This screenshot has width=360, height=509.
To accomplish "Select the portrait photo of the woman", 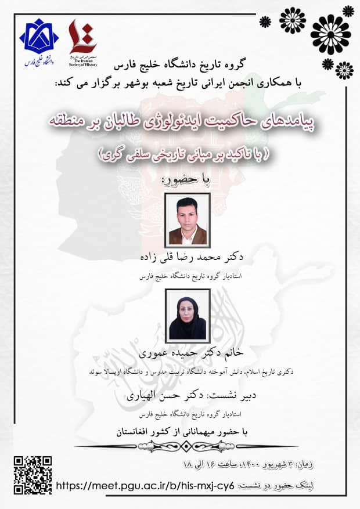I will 188,315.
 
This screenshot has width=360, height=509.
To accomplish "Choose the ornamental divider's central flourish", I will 179,446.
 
